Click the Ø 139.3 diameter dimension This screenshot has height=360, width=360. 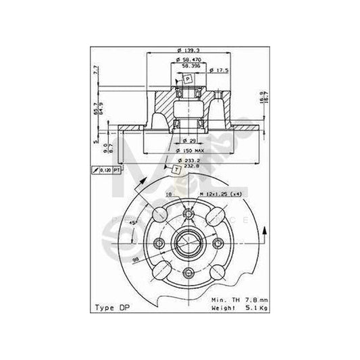pyautogui.click(x=180, y=52)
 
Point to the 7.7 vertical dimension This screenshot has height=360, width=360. pyautogui.click(x=97, y=69)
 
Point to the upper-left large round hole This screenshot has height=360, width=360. pyautogui.click(x=159, y=215)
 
